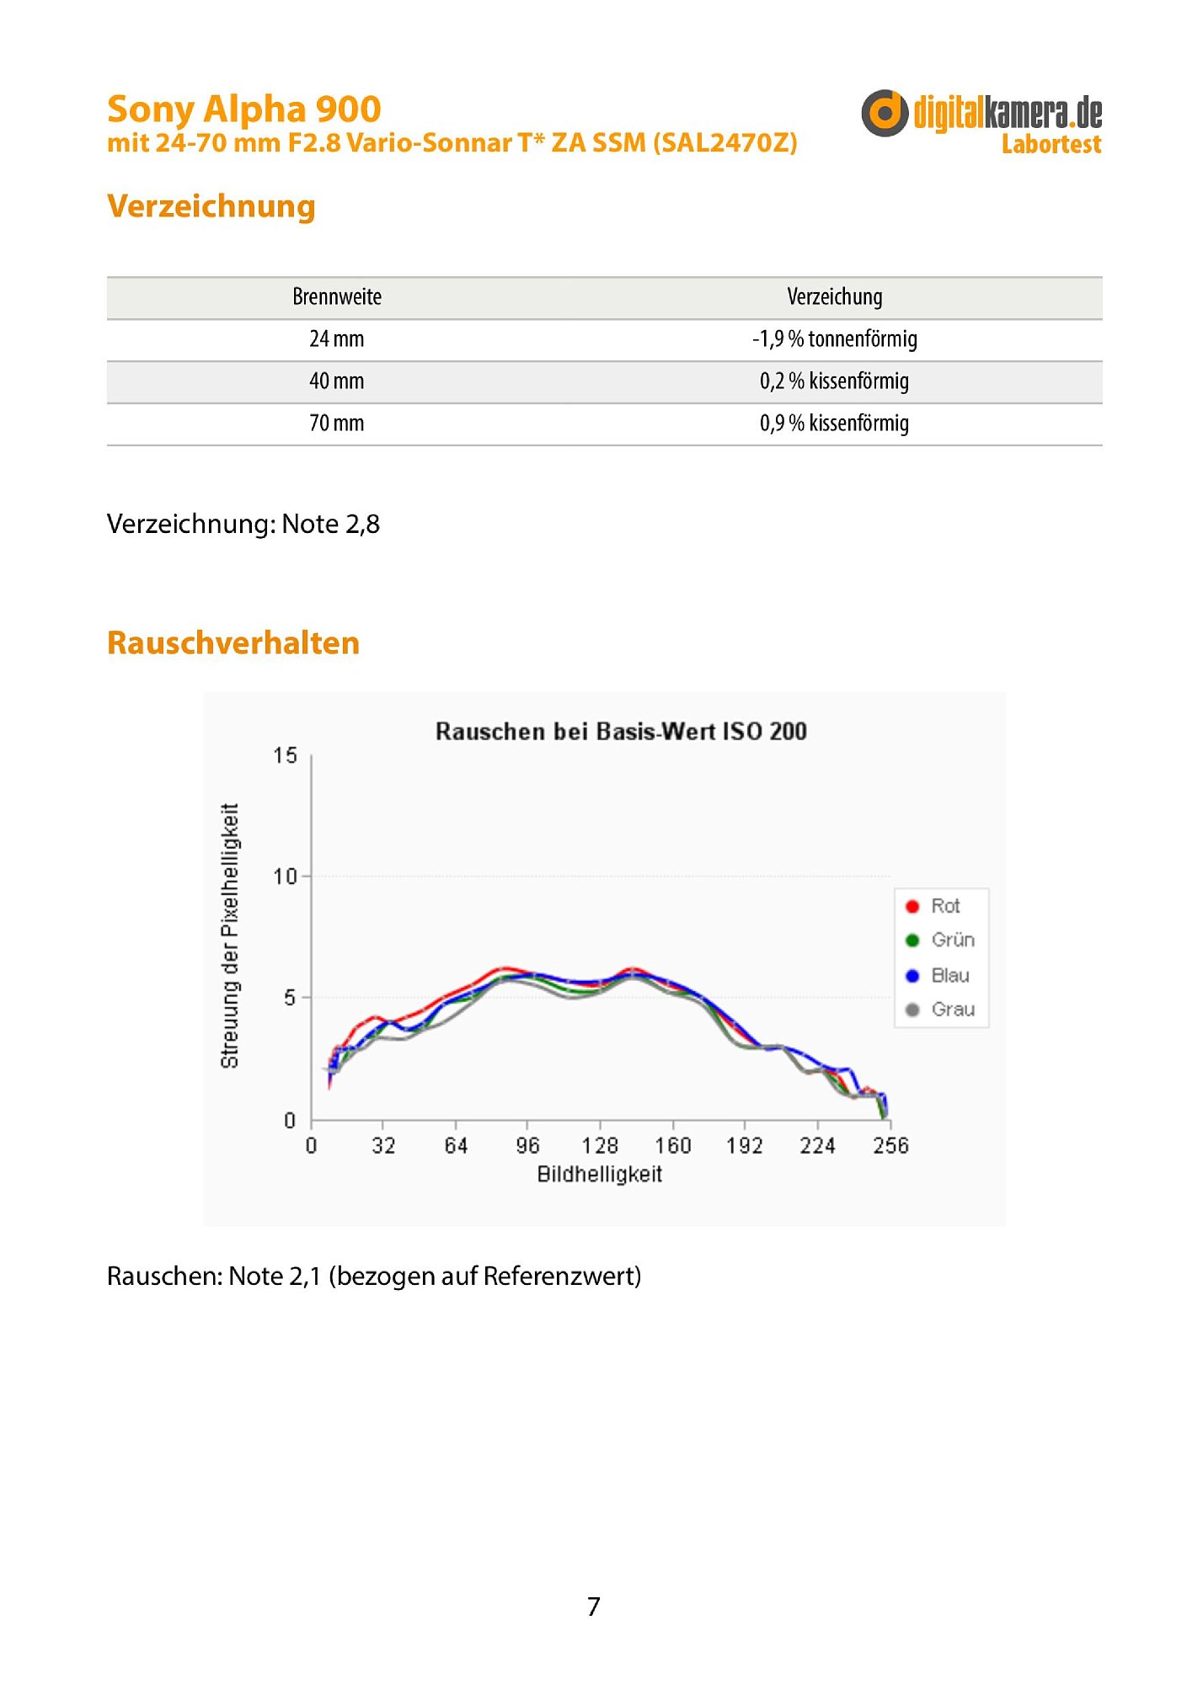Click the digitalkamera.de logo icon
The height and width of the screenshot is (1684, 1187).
coord(884,113)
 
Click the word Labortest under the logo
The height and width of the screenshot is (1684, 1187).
coord(1051,145)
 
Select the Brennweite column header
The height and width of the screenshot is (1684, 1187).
coord(337,297)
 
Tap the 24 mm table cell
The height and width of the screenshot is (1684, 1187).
coord(337,339)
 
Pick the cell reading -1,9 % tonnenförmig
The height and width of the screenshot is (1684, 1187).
coord(834,339)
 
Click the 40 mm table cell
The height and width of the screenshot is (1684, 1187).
coord(337,381)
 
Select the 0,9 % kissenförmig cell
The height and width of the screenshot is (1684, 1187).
coord(834,424)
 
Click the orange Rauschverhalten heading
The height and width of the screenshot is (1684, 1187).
coord(233,643)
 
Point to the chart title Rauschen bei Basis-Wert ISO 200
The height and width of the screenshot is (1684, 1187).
coord(621,731)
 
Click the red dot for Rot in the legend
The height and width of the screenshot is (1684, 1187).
coord(912,907)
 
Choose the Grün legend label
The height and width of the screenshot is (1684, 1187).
coord(953,941)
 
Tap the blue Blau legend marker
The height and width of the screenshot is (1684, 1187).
coord(912,976)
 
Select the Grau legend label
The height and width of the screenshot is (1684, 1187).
coord(953,1010)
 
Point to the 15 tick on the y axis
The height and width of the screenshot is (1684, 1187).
coord(286,756)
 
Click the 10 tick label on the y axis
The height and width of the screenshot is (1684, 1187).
coord(286,877)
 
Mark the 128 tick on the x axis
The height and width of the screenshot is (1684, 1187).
coord(600,1146)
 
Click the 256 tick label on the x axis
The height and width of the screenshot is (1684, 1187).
coord(890,1146)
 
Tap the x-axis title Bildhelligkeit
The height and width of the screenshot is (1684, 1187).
coord(600,1175)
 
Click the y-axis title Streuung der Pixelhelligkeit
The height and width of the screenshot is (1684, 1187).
coord(230,936)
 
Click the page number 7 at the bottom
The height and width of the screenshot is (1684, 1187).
coord(594,1607)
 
